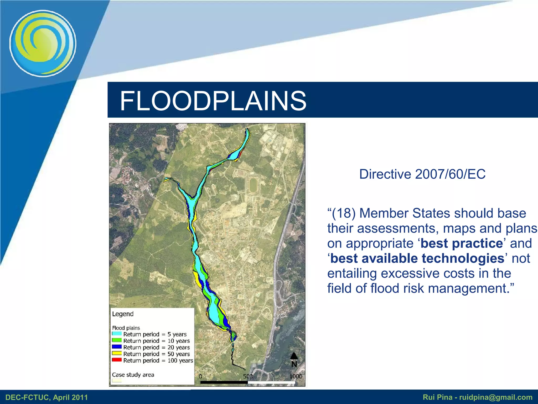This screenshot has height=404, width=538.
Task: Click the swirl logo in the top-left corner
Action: (43, 43)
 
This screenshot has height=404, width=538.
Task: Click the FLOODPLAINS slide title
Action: (213, 101)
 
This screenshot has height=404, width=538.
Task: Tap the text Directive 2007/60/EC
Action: (422, 174)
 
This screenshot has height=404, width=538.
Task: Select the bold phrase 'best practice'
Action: (462, 243)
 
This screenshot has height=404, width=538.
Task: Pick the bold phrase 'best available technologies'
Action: (417, 258)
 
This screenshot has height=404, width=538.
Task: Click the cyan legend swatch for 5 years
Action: (117, 334)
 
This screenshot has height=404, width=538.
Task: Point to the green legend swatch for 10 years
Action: (117, 340)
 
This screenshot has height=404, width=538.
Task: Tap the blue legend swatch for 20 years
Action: (117, 347)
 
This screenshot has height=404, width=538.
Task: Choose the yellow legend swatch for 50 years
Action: (117, 353)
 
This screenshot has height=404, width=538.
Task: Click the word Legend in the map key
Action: (123, 314)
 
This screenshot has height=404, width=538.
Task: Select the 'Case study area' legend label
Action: (133, 375)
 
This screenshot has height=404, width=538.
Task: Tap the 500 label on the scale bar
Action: (248, 376)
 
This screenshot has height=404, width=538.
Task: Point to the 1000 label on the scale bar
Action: (296, 376)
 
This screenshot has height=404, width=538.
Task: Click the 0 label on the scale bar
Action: (200, 376)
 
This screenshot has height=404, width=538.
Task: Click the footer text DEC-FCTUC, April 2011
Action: (46, 397)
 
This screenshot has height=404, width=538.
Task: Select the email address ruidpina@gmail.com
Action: (496, 397)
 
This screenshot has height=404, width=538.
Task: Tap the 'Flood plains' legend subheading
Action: (126, 328)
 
